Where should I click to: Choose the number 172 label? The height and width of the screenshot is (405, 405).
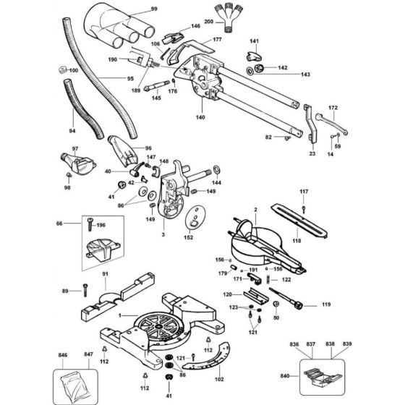tap(333, 108)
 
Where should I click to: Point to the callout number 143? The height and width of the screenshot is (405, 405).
tap(286, 74)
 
